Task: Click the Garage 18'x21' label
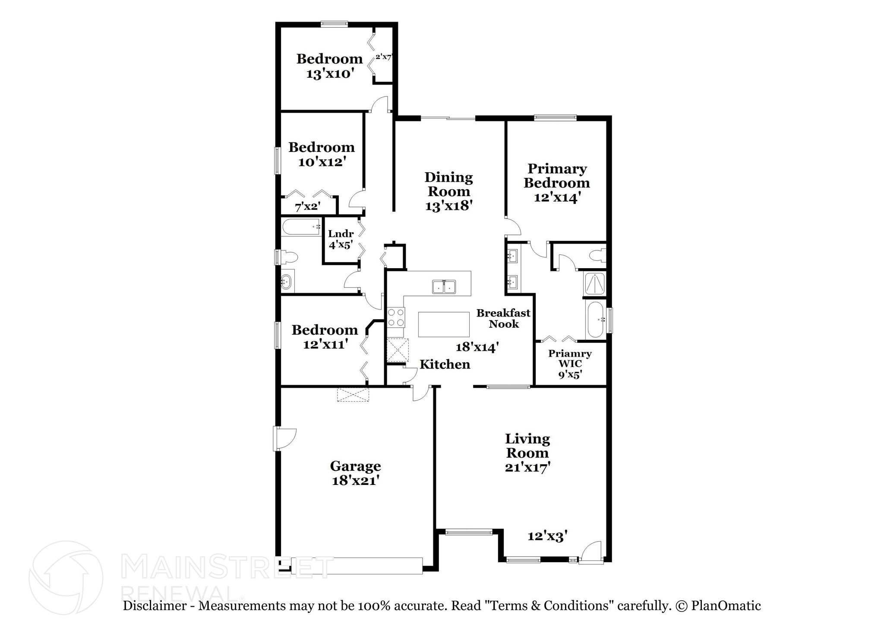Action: [x=355, y=473]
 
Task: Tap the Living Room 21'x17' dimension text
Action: [x=527, y=467]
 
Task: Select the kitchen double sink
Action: [x=444, y=287]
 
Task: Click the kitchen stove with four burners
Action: [x=396, y=317]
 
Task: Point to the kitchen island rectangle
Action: [x=444, y=324]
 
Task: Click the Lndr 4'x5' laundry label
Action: [x=341, y=239]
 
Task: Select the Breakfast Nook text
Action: [x=503, y=318]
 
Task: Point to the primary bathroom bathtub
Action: [x=596, y=320]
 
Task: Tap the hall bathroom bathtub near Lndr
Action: [x=300, y=227]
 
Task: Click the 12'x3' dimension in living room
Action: [x=547, y=536]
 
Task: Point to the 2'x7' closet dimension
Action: [x=383, y=57]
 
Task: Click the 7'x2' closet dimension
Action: [x=307, y=207]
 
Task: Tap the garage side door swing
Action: [x=285, y=439]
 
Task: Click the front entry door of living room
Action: [x=591, y=553]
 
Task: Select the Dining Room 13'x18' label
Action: [x=448, y=191]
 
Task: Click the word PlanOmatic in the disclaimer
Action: [x=726, y=606]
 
